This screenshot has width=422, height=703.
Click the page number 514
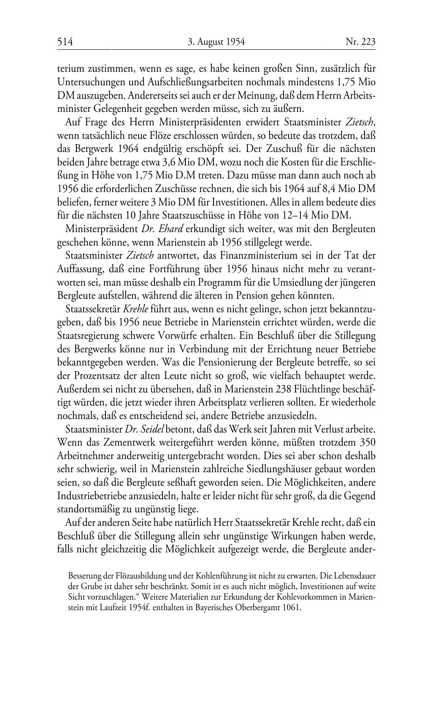(x=65, y=42)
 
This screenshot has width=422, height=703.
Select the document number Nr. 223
(x=360, y=42)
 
